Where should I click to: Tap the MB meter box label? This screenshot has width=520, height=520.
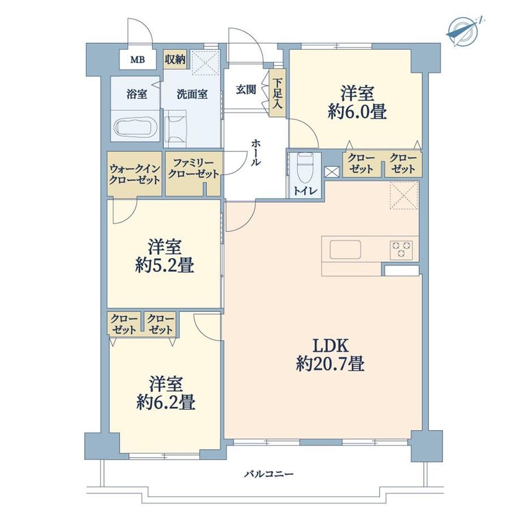(x=137, y=60)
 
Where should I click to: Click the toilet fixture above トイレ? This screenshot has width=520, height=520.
(x=305, y=167)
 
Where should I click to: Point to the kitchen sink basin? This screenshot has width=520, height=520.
(x=345, y=249)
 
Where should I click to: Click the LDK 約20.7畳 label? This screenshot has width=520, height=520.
(x=330, y=354)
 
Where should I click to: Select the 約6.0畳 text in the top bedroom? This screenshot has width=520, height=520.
(x=357, y=112)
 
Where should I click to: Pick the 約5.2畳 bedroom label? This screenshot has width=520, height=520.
(x=164, y=265)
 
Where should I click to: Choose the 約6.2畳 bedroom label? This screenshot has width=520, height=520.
(x=166, y=402)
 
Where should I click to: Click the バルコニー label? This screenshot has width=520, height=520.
(x=269, y=474)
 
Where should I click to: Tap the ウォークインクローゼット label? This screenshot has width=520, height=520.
(x=135, y=174)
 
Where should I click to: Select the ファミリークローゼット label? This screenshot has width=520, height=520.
(x=193, y=169)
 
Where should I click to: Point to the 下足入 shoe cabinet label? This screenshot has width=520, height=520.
(x=278, y=93)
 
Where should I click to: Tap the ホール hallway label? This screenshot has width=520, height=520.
(x=255, y=152)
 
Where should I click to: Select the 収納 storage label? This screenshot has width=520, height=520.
(x=175, y=60)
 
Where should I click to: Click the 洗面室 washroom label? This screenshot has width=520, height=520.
(x=192, y=94)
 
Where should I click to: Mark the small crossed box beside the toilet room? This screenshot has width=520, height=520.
(x=332, y=171)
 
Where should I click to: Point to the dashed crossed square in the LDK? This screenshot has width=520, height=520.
(x=404, y=196)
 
